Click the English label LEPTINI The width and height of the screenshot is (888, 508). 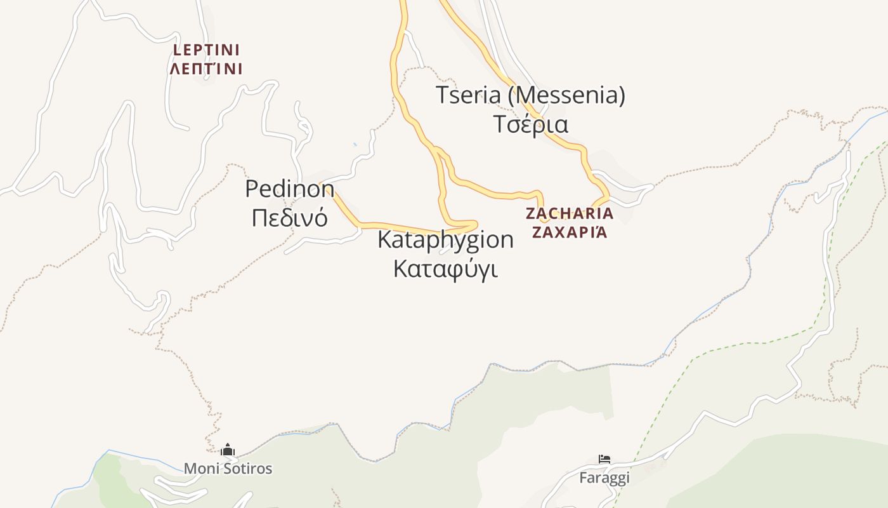click(x=206, y=50)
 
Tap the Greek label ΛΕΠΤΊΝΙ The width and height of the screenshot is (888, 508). click(x=206, y=69)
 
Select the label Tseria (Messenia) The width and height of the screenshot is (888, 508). click(x=530, y=95)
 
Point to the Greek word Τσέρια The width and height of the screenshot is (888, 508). click(x=530, y=124)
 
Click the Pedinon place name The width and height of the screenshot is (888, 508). click(x=289, y=189)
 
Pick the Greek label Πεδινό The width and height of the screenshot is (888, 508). click(x=289, y=217)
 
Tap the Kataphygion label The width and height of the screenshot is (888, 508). click(x=445, y=239)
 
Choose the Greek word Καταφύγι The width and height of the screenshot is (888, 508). click(x=445, y=268)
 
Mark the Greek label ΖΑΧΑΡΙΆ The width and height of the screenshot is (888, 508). click(x=570, y=232)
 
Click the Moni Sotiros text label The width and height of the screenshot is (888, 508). click(x=228, y=469)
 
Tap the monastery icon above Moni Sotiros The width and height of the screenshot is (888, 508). click(x=228, y=450)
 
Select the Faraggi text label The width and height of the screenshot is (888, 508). click(x=604, y=478)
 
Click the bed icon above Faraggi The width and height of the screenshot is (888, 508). click(x=604, y=459)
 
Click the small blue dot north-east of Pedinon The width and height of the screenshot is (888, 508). click(x=355, y=145)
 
